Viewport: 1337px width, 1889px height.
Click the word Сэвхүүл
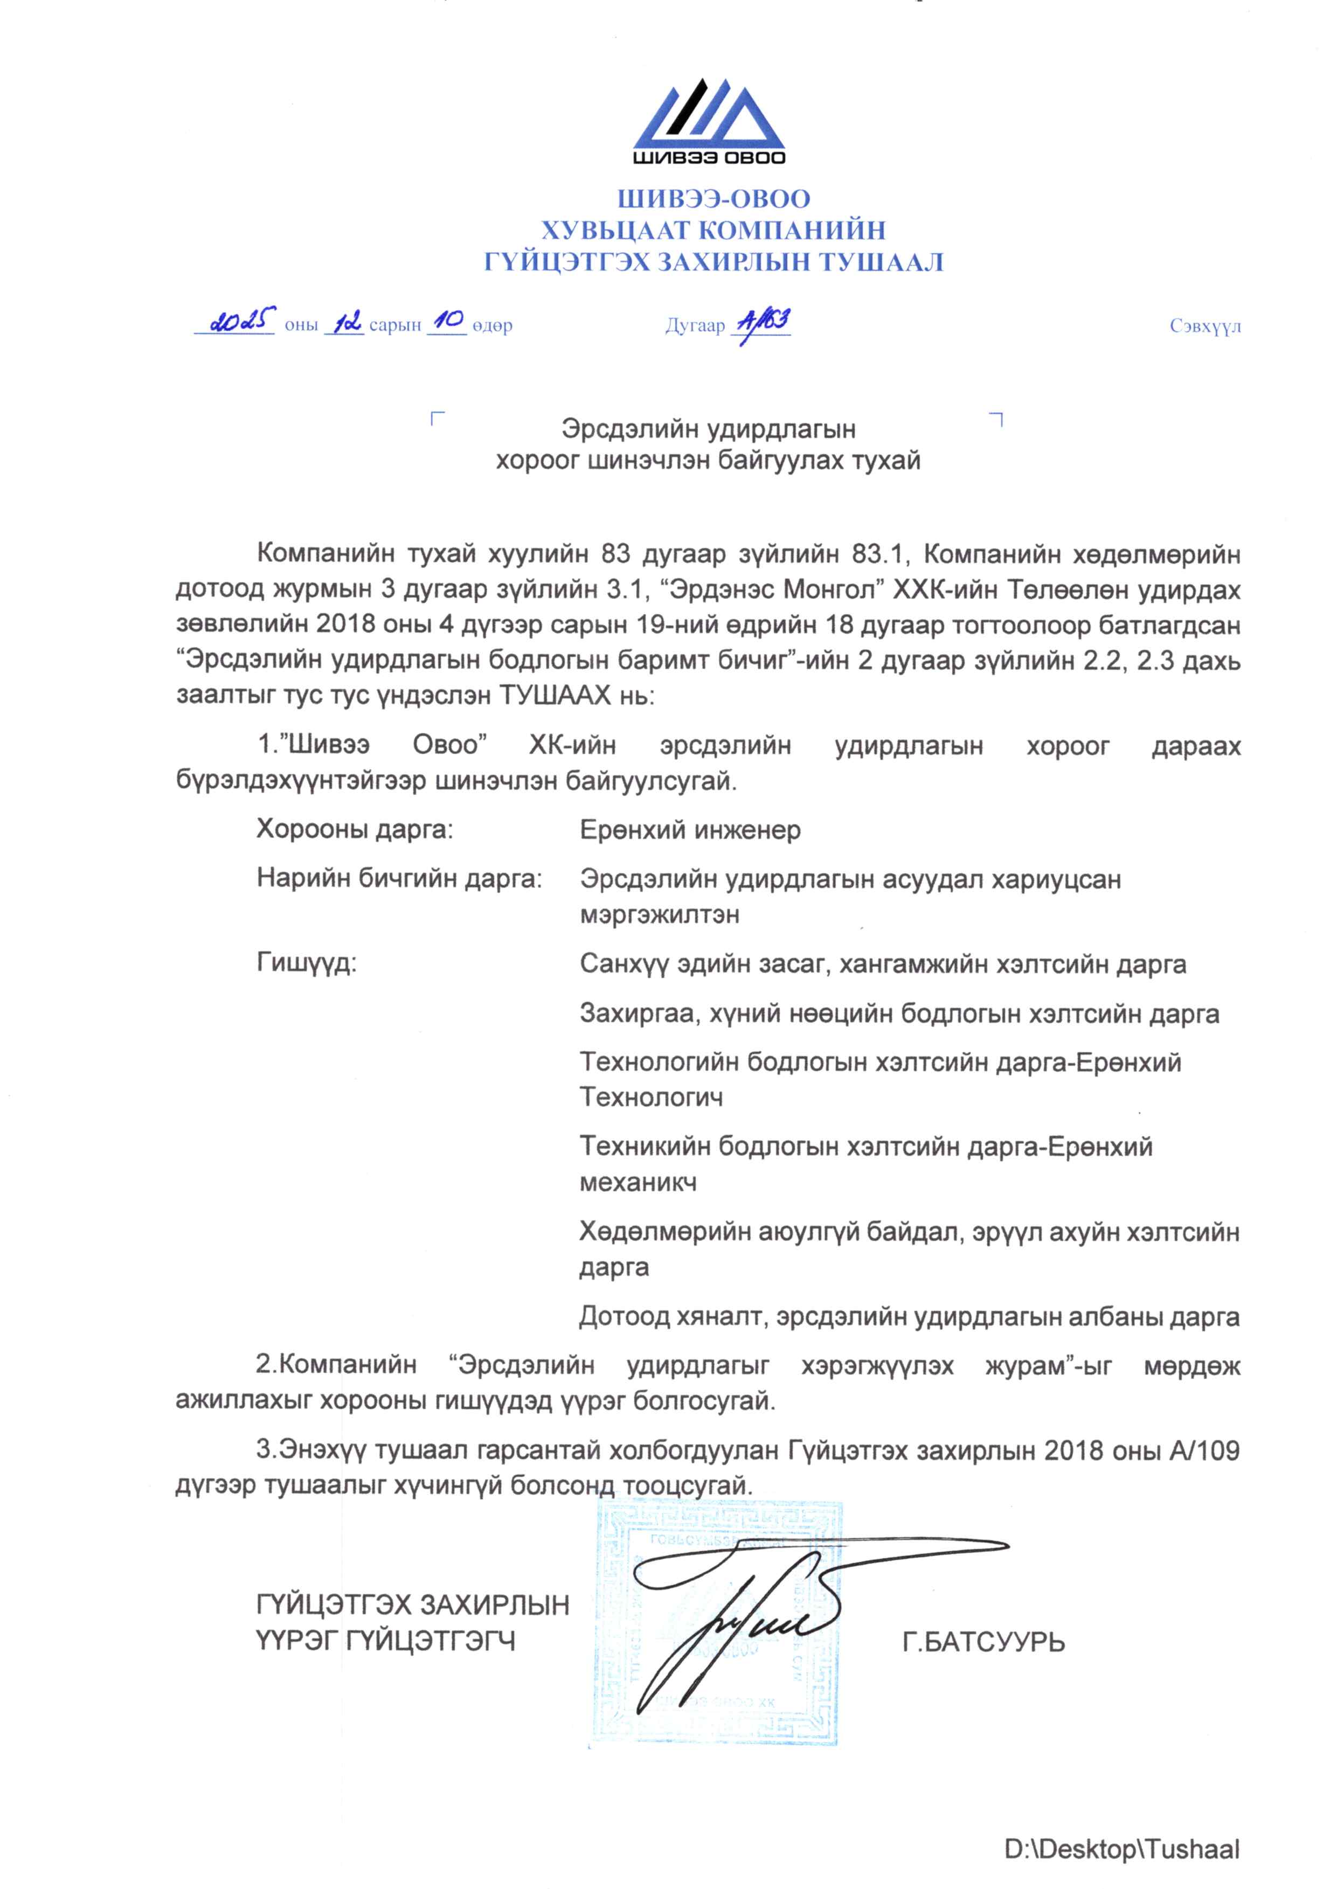tap(1204, 327)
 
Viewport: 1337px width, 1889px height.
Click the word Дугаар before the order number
tap(695, 327)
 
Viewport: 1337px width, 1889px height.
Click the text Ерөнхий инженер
tap(690, 830)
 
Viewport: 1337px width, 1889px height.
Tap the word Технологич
tap(651, 1096)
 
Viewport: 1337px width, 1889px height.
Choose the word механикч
tap(638, 1182)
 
